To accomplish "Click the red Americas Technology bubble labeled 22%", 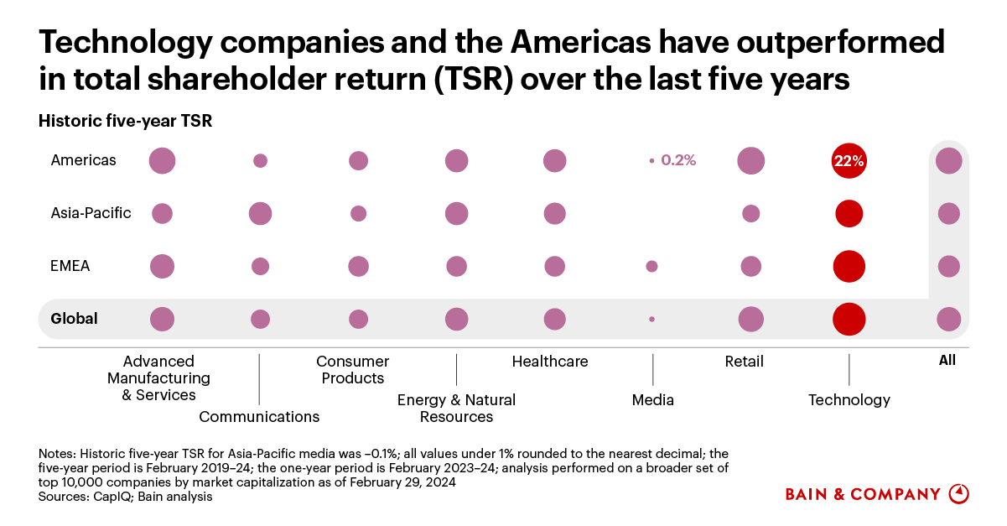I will (849, 161).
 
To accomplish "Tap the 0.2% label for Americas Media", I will (678, 160).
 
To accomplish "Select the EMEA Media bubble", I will (651, 266).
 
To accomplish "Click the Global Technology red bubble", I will (849, 319).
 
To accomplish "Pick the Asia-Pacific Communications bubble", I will (260, 213).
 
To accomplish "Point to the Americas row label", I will (83, 160).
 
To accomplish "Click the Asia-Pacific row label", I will (91, 213).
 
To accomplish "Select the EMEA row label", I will (70, 266).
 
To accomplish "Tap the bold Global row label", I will (74, 319).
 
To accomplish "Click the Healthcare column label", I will (550, 362).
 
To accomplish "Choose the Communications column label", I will (259, 416).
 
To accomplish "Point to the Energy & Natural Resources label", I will (456, 408).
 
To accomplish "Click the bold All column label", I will (947, 361).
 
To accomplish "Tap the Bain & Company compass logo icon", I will (958, 493).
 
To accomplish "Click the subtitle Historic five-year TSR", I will (125, 122).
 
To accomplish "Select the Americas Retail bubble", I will (750, 160).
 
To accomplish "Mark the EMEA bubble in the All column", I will (948, 266).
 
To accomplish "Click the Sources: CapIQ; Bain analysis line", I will (125, 497).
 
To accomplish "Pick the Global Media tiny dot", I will (651, 319).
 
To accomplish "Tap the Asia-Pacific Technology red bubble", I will (849, 213).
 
